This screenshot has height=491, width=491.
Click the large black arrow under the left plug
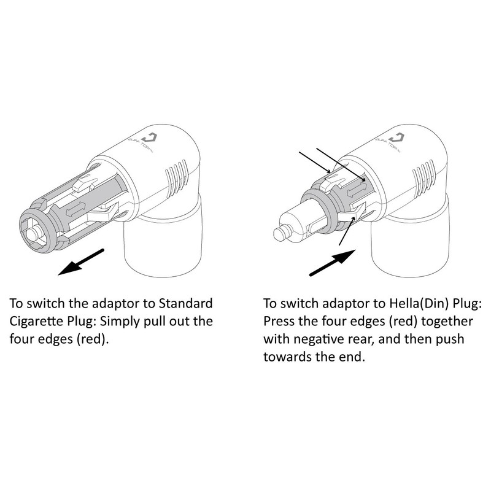[79, 261]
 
